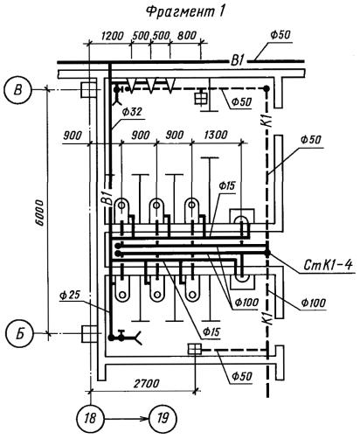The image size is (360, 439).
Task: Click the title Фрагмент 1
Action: pos(185,12)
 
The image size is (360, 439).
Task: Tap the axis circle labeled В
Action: pos(18,90)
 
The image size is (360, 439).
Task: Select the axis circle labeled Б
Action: pos(19,333)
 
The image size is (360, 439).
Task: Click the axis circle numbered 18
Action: pos(91,419)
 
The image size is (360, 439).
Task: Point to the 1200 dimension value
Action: pos(112,36)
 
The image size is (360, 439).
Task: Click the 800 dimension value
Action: pos(187,36)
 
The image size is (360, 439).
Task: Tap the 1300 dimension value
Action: pos(216,135)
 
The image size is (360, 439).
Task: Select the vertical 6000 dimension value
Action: pos(39,213)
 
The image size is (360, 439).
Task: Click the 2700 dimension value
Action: pos(147,383)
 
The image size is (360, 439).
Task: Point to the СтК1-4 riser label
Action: pos(328,265)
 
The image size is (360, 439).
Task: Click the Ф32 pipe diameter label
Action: pos(132,112)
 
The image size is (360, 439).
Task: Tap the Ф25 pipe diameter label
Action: pos(69,296)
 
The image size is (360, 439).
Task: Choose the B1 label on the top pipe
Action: pos(238,61)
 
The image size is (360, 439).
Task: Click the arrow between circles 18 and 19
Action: pos(127,419)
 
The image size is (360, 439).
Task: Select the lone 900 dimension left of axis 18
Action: pos(73,136)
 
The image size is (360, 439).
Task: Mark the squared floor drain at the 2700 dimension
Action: pos(195,349)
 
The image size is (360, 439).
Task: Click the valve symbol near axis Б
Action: pos(121,336)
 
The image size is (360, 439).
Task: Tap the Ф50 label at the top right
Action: pos(280,35)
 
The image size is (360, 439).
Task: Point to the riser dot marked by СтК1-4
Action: pos(267,253)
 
